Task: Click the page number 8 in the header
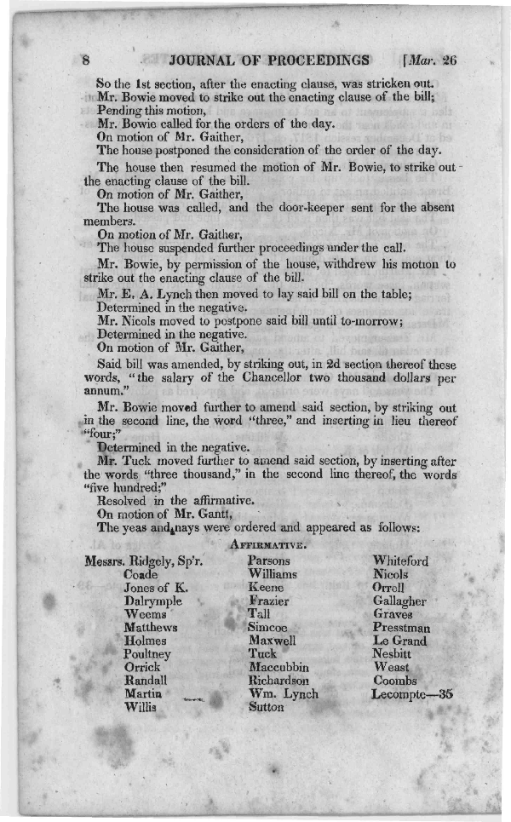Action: pos(85,60)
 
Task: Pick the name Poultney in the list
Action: pos(146,654)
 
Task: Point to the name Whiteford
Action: pos(400,561)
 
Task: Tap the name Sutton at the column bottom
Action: pos(266,707)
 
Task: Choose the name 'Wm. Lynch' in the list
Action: pos(283,694)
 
